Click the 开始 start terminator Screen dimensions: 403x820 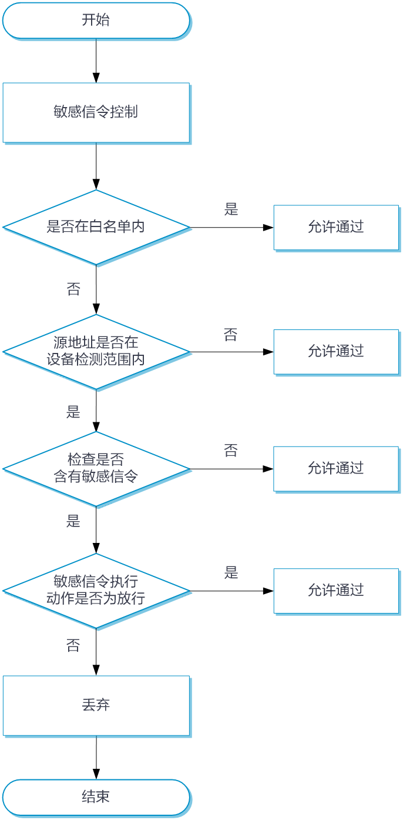click(96, 21)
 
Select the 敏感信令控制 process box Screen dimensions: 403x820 click(96, 112)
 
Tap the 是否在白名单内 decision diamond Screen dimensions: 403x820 click(96, 227)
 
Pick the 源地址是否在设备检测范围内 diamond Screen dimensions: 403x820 click(96, 352)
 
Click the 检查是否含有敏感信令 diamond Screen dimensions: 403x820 click(96, 469)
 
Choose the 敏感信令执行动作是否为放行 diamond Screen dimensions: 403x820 click(96, 591)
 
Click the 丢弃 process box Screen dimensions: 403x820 click(96, 705)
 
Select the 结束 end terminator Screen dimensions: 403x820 click(96, 797)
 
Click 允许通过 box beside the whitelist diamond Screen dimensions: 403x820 click(336, 227)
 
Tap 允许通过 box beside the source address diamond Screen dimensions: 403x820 click(336, 352)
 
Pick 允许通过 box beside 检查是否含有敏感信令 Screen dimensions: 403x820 click(336, 469)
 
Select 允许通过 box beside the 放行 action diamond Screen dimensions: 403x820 click(336, 591)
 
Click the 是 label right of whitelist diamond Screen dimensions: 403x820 click(231, 209)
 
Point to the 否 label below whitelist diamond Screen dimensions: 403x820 click(73, 289)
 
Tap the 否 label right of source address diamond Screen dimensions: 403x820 click(231, 335)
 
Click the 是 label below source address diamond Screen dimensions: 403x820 click(73, 412)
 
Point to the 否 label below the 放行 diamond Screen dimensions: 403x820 click(73, 645)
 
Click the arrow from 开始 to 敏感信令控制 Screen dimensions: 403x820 click(96, 61)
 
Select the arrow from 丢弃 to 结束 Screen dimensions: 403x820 click(96, 758)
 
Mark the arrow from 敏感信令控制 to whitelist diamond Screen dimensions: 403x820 click(96, 166)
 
